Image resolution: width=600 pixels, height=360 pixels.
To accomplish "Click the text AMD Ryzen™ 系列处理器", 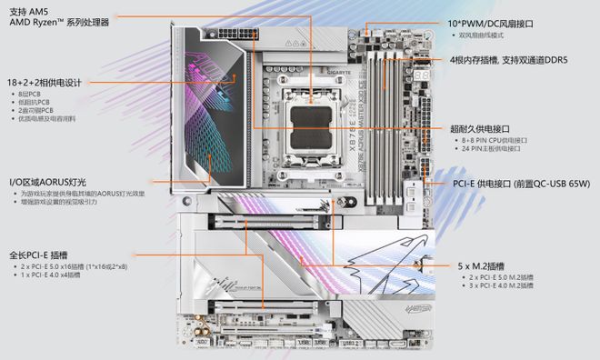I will [60, 21].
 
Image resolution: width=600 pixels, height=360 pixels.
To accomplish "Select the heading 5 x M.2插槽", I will [488, 265].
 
